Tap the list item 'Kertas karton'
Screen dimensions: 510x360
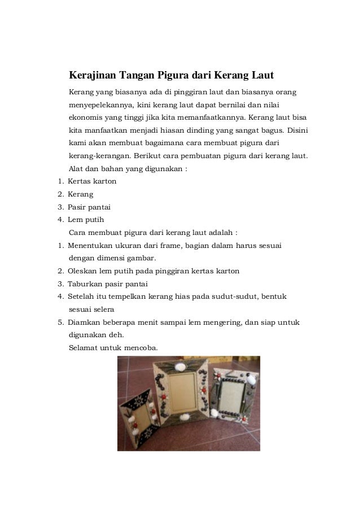click(92, 181)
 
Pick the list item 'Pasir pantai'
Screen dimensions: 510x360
click(89, 207)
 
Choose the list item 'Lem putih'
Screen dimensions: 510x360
click(85, 220)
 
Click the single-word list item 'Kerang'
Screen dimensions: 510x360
click(81, 194)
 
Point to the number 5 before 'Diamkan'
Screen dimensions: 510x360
click(60, 322)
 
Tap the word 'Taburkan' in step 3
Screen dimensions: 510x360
click(84, 284)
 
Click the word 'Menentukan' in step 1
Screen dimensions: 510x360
click(90, 245)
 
